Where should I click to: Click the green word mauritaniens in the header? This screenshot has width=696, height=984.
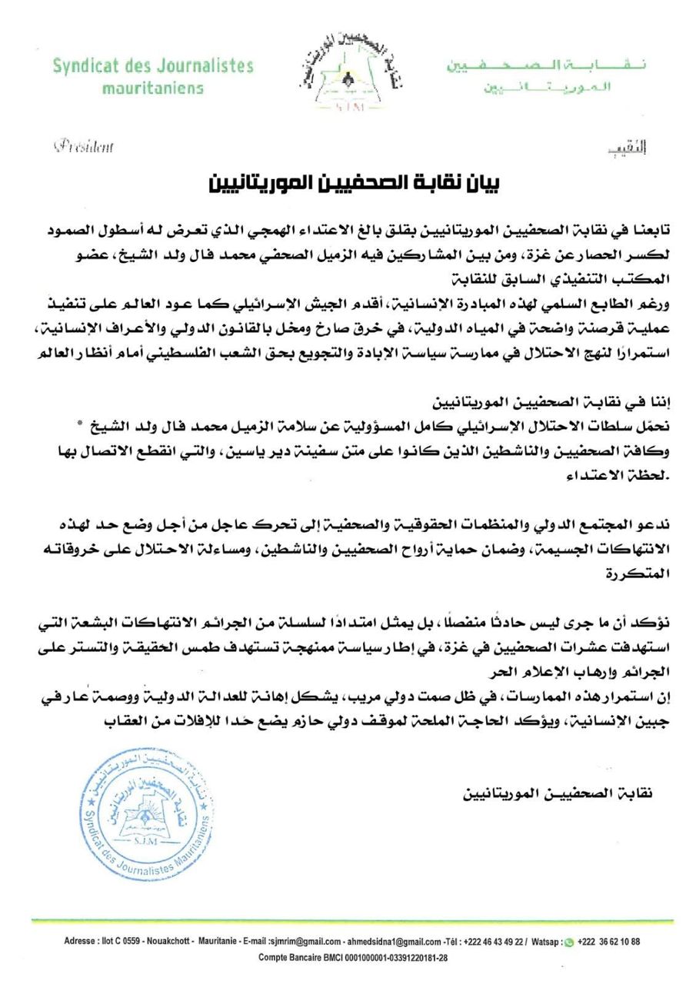coord(153,88)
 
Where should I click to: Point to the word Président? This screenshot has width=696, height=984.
coord(84,146)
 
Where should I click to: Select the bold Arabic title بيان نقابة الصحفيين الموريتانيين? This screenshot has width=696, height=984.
coord(355,184)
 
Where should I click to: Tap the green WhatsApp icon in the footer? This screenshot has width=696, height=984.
coord(568,942)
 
